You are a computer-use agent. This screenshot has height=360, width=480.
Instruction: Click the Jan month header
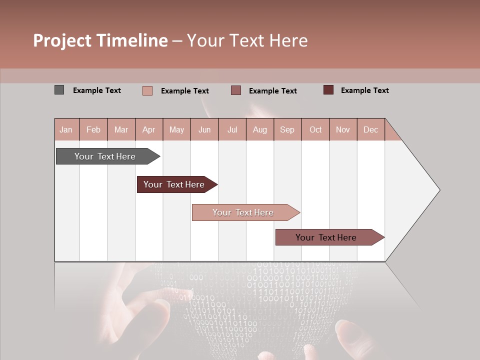click(66, 129)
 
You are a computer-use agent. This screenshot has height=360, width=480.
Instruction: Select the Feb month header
click(93, 129)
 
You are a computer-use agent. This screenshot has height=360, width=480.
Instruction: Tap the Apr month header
click(148, 129)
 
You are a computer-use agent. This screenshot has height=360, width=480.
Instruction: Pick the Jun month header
click(204, 129)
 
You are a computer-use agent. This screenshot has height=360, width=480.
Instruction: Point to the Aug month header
click(259, 129)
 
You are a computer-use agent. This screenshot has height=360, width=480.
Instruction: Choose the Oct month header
click(315, 129)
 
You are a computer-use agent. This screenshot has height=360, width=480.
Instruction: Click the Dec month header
click(370, 129)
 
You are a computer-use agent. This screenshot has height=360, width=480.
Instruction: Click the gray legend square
click(59, 90)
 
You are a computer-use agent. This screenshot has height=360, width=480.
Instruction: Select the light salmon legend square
click(147, 90)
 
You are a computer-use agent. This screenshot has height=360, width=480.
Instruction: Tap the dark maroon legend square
click(328, 90)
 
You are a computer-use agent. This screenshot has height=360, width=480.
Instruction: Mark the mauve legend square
click(236, 90)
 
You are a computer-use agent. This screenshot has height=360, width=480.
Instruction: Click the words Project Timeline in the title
click(100, 40)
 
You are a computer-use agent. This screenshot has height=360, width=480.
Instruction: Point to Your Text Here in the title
click(247, 40)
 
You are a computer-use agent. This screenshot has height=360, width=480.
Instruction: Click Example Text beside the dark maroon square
click(364, 90)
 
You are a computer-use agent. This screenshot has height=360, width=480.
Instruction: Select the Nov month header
click(343, 129)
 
